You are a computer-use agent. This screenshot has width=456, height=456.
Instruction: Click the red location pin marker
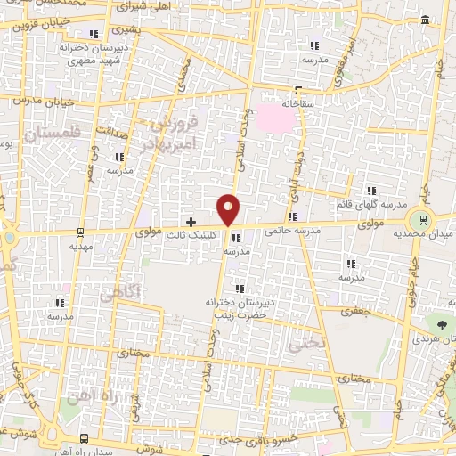(229, 208)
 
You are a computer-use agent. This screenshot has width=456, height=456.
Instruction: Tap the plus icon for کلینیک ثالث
(191, 221)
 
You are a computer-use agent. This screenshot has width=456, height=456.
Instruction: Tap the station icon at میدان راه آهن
(83, 438)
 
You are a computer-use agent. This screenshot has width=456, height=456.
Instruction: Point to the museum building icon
(424, 20)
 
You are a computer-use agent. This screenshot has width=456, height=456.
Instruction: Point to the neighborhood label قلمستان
(54, 134)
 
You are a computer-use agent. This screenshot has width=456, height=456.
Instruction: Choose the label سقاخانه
(299, 103)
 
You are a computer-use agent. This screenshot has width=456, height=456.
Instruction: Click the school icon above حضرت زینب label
(238, 288)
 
